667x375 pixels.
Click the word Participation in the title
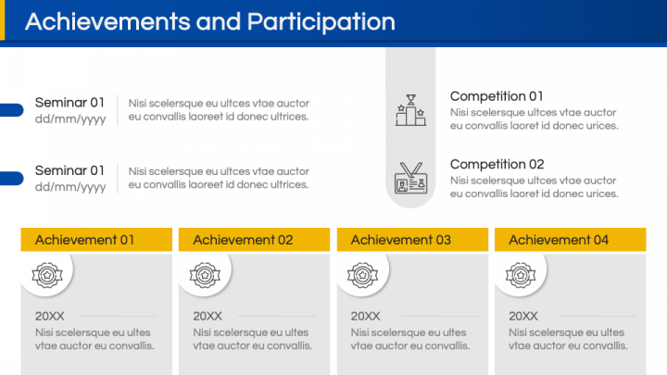pyautogui.click(x=321, y=22)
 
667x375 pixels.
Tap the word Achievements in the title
pyautogui.click(x=107, y=21)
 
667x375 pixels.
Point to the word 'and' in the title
pyautogui.click(x=219, y=21)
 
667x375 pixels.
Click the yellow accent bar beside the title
pyautogui.click(x=2, y=20)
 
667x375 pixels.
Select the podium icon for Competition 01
pyautogui.click(x=410, y=110)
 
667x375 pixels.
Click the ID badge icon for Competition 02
pyautogui.click(x=410, y=178)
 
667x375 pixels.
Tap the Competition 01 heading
pyautogui.click(x=497, y=96)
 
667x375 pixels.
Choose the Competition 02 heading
pyautogui.click(x=497, y=165)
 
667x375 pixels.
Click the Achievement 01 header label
pyautogui.click(x=84, y=240)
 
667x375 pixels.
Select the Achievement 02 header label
pyautogui.click(x=243, y=240)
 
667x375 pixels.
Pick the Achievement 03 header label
pyautogui.click(x=401, y=240)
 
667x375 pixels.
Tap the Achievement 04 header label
pyautogui.click(x=559, y=240)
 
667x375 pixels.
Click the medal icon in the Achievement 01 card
pyautogui.click(x=47, y=275)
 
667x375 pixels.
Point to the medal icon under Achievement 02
pyautogui.click(x=205, y=275)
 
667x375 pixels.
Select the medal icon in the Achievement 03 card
pyautogui.click(x=363, y=275)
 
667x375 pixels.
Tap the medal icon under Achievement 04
pyautogui.click(x=521, y=275)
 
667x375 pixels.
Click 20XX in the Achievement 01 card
pyautogui.click(x=50, y=317)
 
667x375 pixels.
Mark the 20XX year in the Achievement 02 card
pyautogui.click(x=208, y=317)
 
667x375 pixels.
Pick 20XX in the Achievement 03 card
pyautogui.click(x=365, y=317)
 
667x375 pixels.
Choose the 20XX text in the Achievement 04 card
pyautogui.click(x=523, y=317)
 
